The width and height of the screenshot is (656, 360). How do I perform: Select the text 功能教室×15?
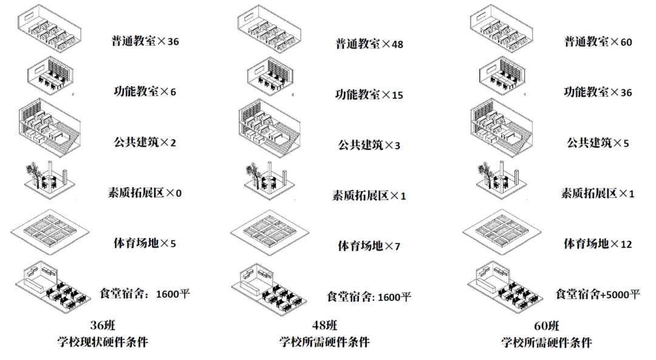pyautogui.click(x=369, y=95)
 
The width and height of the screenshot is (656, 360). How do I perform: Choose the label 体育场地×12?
pyautogui.click(x=598, y=243)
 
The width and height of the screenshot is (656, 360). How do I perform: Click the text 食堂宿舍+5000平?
pyautogui.click(x=598, y=294)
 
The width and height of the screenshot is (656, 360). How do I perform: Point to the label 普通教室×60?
pyautogui.click(x=598, y=42)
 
